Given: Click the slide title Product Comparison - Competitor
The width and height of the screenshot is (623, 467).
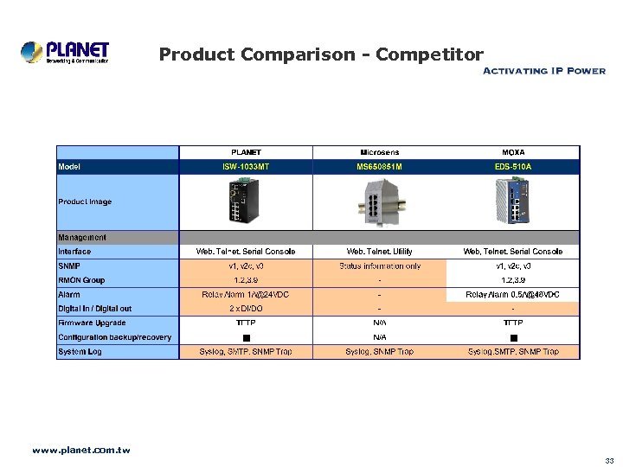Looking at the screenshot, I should pos(321,55).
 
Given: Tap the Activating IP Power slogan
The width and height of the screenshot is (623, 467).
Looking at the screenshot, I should pos(543,71).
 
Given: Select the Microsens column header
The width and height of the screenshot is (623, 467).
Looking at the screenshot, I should pos(379,152).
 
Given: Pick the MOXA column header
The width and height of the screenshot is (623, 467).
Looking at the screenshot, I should pos(512,152).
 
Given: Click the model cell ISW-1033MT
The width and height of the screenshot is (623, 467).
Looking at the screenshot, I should pos(246,166).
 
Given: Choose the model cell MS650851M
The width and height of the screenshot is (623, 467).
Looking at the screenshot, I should pos(379,166).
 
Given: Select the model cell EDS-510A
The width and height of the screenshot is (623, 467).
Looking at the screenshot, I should pos(512,166).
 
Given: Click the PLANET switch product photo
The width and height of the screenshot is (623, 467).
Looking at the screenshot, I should pos(246,202).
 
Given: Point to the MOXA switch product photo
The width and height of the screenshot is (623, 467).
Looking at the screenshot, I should pos(518,202).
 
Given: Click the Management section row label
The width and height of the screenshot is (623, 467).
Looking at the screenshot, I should pos(82,237).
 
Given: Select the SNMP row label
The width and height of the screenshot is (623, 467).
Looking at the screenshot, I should pos(69,265).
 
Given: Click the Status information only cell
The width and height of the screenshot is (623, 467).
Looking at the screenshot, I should pos(379,265).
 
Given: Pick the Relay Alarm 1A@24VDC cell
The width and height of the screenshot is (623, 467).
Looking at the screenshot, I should pos(246,294).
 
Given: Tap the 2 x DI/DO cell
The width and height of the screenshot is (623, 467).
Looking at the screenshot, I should pos(246,309).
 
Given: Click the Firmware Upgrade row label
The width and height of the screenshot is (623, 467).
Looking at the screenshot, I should pos(92,323).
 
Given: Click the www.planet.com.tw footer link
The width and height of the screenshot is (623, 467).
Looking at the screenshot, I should pos(80,451).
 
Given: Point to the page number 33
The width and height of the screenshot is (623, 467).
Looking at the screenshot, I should pos(609,460).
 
